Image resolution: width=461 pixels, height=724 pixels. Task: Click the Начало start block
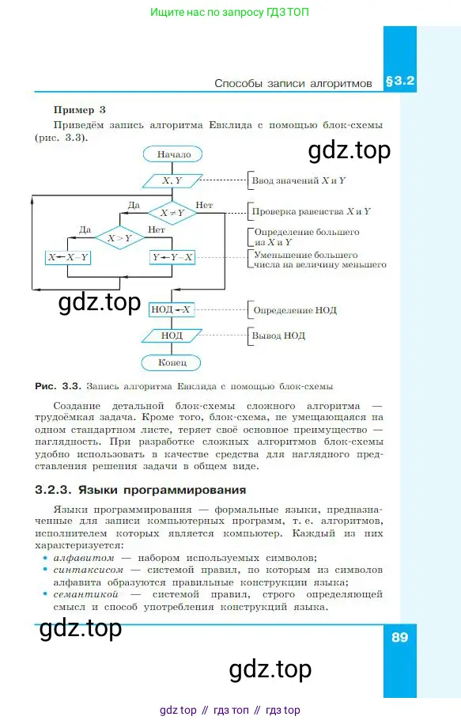click(x=173, y=154)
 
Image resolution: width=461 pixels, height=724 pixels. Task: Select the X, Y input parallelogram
click(x=172, y=180)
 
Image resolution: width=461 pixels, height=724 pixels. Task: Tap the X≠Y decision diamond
click(x=172, y=213)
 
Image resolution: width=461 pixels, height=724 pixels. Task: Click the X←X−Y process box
click(x=68, y=257)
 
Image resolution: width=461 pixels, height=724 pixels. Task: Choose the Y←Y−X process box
click(x=172, y=257)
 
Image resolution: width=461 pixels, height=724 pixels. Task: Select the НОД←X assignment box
click(x=171, y=309)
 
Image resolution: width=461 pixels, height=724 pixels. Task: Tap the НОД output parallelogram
click(x=172, y=335)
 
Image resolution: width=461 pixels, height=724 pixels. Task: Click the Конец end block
click(x=172, y=362)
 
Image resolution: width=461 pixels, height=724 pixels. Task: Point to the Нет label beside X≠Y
click(x=204, y=205)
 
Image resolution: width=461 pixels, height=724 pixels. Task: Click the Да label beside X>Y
click(x=85, y=229)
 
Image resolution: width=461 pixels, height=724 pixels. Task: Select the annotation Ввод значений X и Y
click(x=299, y=180)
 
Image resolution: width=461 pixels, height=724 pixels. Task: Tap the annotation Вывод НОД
click(x=278, y=335)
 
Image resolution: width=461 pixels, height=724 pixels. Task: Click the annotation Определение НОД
click(x=295, y=310)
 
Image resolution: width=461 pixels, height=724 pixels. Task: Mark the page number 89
click(x=399, y=637)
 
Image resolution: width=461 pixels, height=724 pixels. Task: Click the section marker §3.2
click(x=400, y=81)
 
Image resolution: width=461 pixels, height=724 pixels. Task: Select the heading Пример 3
click(x=79, y=110)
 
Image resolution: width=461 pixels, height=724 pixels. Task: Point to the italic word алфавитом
click(x=84, y=558)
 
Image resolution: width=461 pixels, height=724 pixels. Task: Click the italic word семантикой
click(x=86, y=594)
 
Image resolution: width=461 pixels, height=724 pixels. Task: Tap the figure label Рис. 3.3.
click(x=59, y=386)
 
